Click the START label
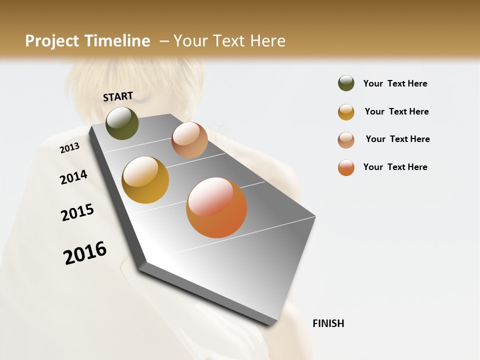coord(118,96)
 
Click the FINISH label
coord(328,323)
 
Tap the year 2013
coord(69,148)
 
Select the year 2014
coord(73,177)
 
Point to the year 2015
coord(77,212)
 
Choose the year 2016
coord(85,252)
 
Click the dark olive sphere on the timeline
coord(122,123)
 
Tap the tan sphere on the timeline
coord(189,140)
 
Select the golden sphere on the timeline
coord(145,180)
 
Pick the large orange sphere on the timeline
coord(216,207)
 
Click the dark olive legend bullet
coord(346,83)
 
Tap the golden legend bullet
coord(346,112)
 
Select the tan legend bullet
coord(346,140)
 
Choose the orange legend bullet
coord(346,167)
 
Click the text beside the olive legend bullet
coord(395,83)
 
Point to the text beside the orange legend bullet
coord(395,167)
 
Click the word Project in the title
coord(52,41)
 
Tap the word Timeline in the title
coord(117,41)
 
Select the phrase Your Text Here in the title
coord(229,41)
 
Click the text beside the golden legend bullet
coord(396,111)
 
